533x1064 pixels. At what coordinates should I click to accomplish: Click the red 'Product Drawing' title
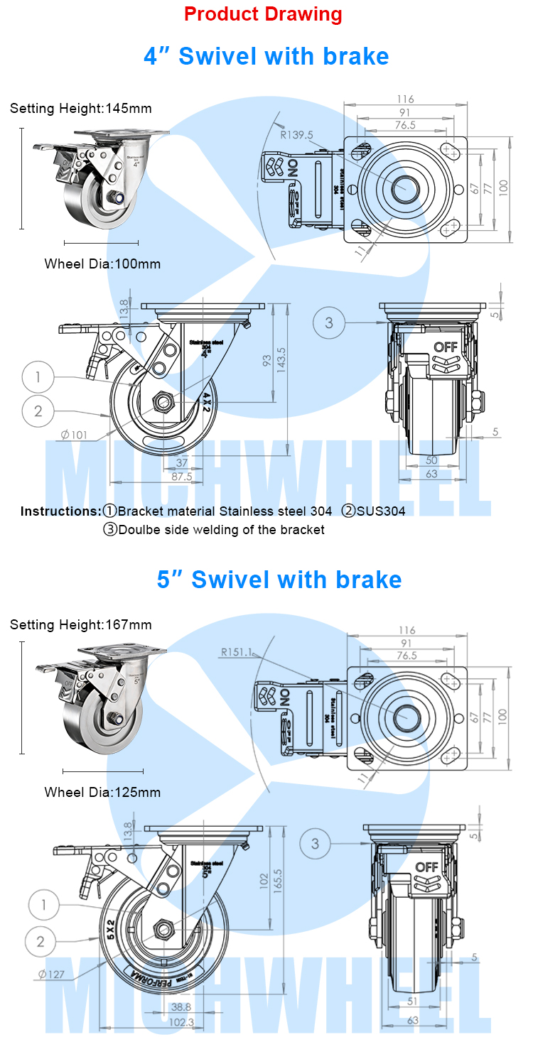(x=263, y=14)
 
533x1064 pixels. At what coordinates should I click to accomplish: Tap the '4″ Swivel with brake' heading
(x=266, y=56)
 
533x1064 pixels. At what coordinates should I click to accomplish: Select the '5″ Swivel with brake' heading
(x=279, y=580)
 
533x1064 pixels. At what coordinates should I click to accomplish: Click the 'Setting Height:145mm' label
(x=81, y=109)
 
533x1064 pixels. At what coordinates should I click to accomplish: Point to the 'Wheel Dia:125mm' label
(x=102, y=792)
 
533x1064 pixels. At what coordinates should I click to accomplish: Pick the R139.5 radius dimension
(x=296, y=134)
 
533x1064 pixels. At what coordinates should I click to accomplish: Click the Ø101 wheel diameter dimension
(x=74, y=435)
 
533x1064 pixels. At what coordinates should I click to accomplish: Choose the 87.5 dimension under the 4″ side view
(x=182, y=477)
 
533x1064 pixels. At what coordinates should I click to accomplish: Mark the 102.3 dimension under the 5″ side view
(x=182, y=1022)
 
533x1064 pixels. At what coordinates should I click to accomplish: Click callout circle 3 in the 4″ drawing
(x=329, y=323)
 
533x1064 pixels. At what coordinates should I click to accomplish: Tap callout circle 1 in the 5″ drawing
(x=44, y=905)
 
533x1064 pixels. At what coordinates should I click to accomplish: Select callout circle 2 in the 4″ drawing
(x=38, y=410)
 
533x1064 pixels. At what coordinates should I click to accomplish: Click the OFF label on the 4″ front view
(x=446, y=347)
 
